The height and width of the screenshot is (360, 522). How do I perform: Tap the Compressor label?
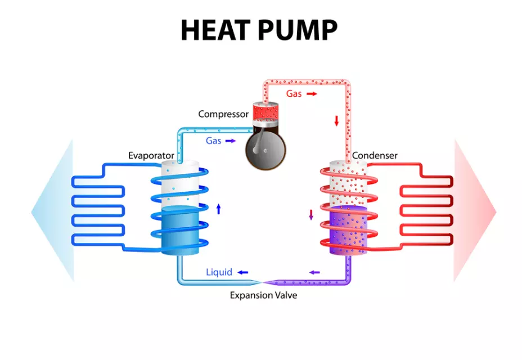coord(223,114)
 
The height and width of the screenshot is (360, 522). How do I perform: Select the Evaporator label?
coord(148,156)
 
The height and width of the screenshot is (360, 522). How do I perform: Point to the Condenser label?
coord(375,155)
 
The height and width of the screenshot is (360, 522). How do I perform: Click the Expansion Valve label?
coord(263,295)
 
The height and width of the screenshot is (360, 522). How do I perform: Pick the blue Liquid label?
coord(219,272)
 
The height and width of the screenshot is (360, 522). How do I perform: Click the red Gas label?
coord(294,93)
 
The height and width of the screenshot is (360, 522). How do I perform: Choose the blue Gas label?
coord(213,141)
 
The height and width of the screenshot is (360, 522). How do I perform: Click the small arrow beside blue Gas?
coord(231,141)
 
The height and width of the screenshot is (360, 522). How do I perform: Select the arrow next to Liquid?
coord(242,273)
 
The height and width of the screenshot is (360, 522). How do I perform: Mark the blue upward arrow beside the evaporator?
coord(218,209)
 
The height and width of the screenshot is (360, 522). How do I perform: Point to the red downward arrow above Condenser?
coord(336,120)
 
